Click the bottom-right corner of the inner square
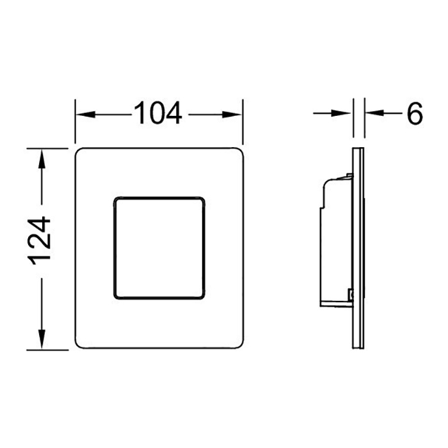pos(202,298)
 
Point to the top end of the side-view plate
pos(359,150)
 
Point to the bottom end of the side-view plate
pos(359,348)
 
